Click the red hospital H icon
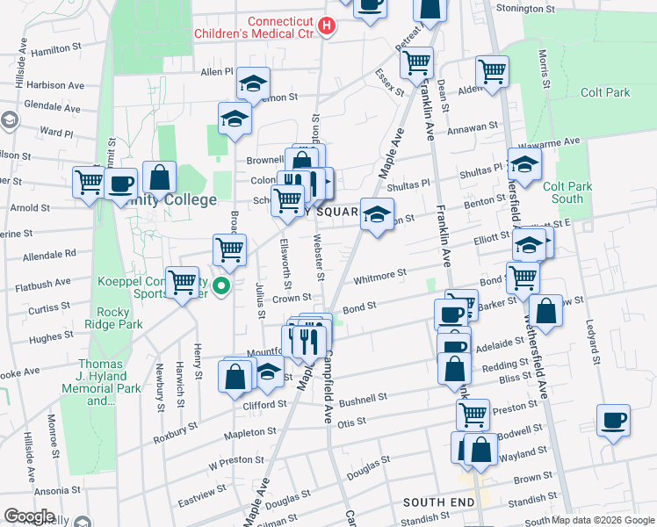[327, 26]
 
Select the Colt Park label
[604, 92]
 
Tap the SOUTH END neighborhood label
[437, 502]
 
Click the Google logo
[29, 516]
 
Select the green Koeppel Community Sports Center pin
[222, 285]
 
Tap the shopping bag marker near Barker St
[545, 312]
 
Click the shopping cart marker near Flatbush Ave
[183, 283]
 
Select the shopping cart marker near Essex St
[416, 62]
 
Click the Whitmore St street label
[379, 277]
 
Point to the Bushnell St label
[363, 400]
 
